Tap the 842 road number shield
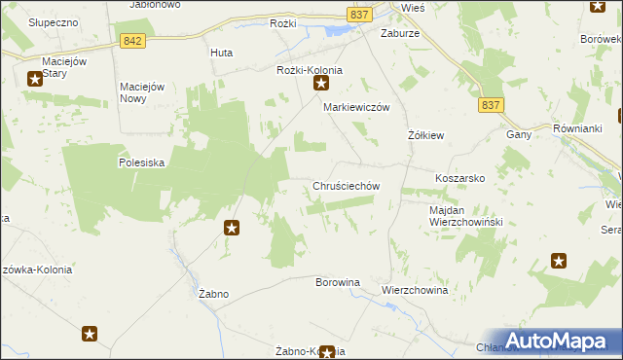pyautogui.click(x=134, y=41)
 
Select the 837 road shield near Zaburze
pyautogui.click(x=358, y=14)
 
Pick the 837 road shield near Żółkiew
pyautogui.click(x=493, y=104)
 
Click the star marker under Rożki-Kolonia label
pyautogui.click(x=321, y=86)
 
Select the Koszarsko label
pyautogui.click(x=459, y=179)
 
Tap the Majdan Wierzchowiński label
pyautogui.click(x=464, y=216)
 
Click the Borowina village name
pyautogui.click(x=338, y=282)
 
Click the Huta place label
pyautogui.click(x=221, y=54)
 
